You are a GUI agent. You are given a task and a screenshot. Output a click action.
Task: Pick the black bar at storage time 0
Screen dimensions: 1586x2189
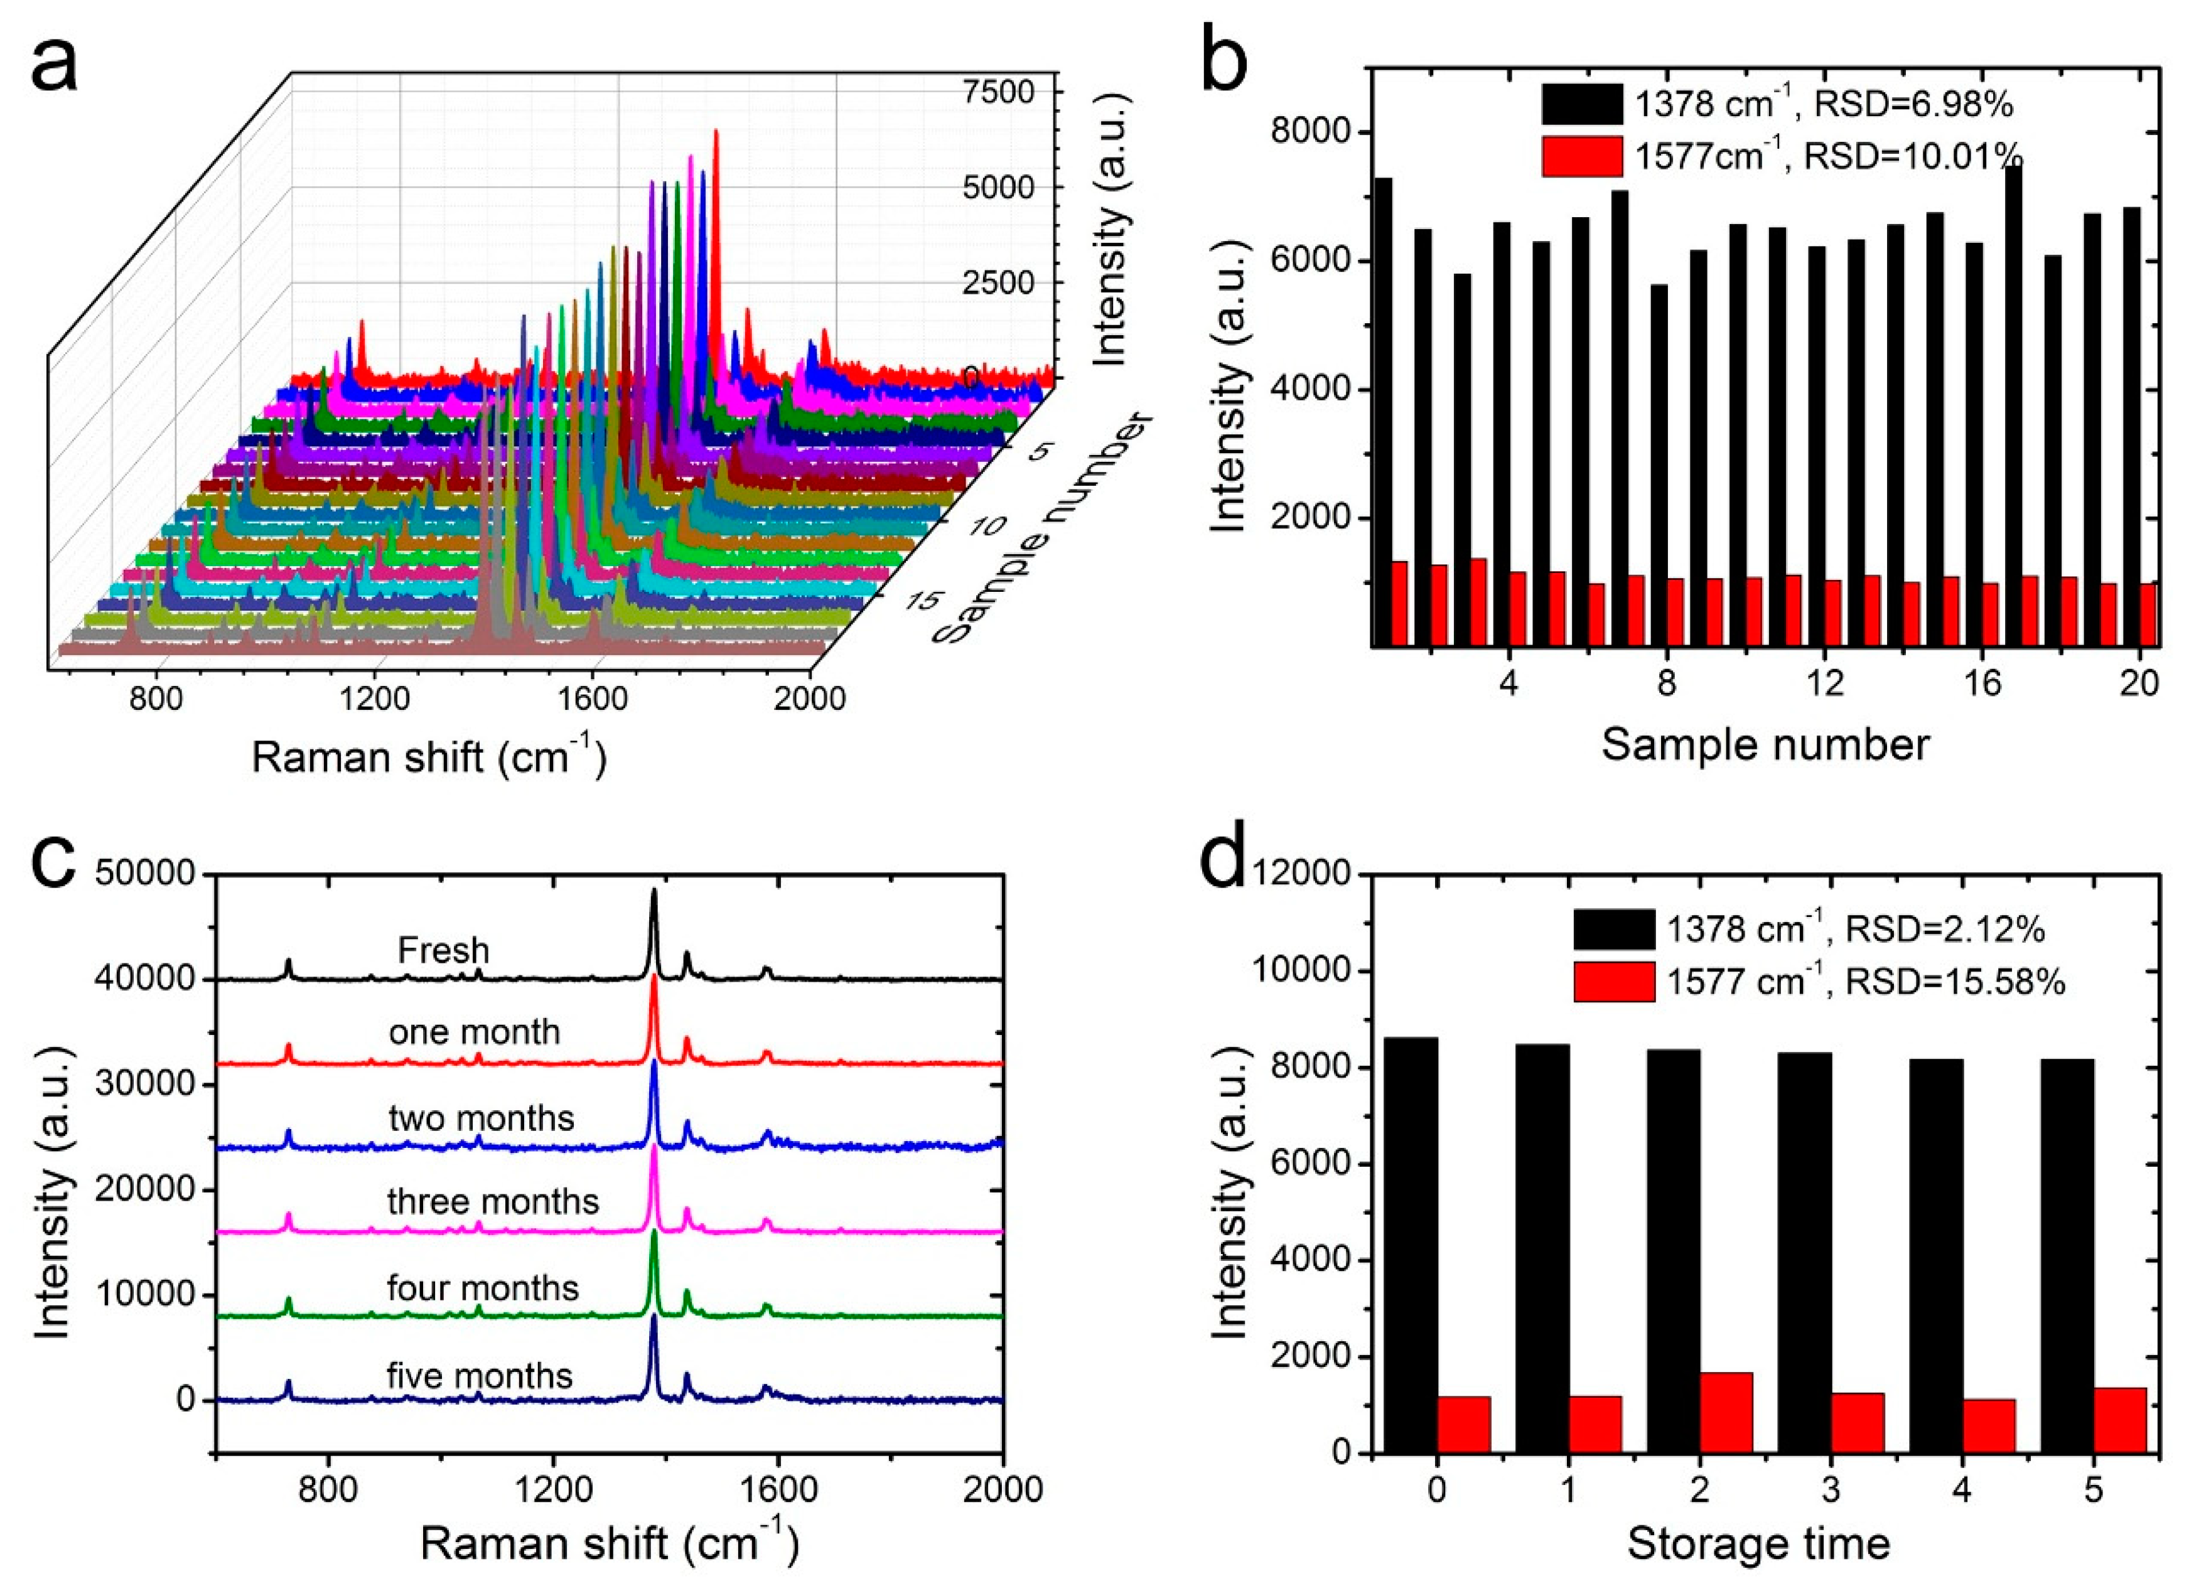1410,1245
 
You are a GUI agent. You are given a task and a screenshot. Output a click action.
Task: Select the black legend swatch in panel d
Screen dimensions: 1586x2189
1614,929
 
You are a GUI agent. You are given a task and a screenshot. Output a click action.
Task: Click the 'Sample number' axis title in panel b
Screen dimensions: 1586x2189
1765,745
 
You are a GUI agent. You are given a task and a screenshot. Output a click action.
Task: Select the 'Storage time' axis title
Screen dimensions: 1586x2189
1758,1543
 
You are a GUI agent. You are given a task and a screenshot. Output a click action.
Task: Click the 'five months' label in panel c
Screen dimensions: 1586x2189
479,1374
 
